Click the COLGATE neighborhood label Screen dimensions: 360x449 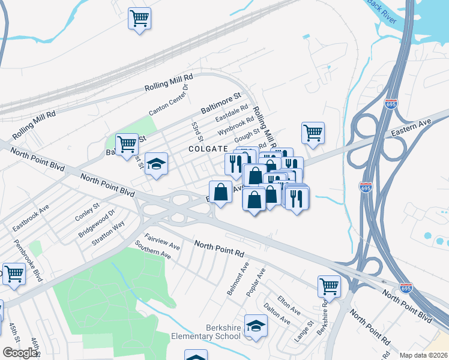(208, 148)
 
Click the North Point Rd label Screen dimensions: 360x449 (219, 245)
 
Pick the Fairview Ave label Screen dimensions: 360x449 (162, 242)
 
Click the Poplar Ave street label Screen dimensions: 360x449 (256, 281)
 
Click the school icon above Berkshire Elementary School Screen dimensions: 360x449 (256, 326)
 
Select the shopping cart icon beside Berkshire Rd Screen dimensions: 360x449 (329, 286)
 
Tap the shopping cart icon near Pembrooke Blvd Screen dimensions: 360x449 (14, 274)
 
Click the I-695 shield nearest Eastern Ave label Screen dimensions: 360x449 (391, 104)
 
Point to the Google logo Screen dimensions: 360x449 (20, 353)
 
